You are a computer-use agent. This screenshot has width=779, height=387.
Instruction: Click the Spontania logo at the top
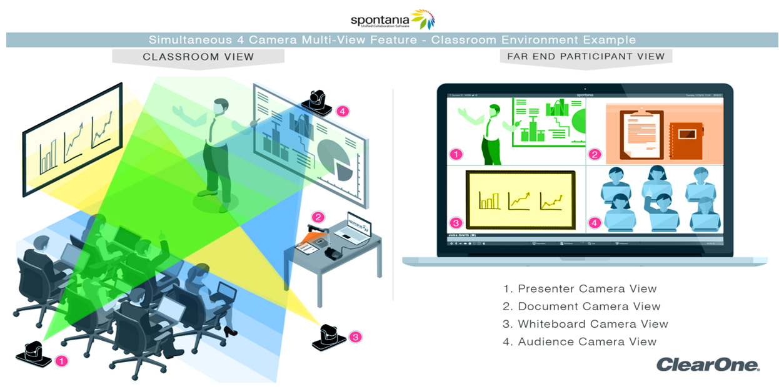(x=392, y=19)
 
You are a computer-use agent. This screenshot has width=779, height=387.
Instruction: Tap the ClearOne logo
(x=708, y=365)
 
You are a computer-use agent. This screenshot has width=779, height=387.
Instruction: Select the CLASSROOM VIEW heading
(x=198, y=57)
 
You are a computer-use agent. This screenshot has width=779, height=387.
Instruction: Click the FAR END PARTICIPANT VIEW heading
(x=586, y=56)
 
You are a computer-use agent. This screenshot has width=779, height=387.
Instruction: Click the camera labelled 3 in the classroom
(x=328, y=337)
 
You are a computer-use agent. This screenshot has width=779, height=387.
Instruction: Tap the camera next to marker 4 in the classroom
(x=318, y=102)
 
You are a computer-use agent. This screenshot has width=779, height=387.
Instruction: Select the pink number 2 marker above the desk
(x=318, y=217)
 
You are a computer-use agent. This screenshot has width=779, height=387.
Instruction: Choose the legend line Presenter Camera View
(x=580, y=289)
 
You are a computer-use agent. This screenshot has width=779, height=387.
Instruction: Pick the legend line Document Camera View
(x=582, y=306)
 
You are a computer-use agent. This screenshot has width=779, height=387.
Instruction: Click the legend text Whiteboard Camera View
(x=586, y=324)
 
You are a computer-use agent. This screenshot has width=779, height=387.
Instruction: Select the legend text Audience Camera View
(x=580, y=341)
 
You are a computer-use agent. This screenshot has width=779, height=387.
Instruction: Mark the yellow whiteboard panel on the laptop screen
(x=520, y=199)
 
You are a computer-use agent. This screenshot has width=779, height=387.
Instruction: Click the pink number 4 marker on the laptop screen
(x=595, y=223)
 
